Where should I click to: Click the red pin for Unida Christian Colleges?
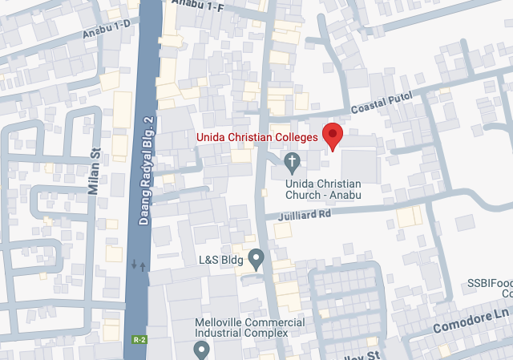333,136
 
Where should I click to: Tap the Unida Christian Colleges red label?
257,137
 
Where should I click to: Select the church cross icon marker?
293,164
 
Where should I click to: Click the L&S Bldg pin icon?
256,259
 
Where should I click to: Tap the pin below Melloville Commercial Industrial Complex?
201,349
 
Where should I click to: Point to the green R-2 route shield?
139,340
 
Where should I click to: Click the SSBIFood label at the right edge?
490,284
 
